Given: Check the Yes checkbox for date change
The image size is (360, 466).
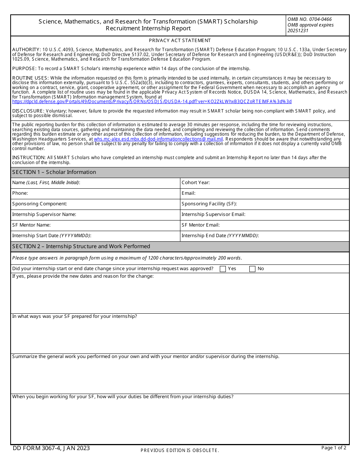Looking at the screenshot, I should (x=223, y=269).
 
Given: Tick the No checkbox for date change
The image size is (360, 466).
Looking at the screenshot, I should (x=252, y=269).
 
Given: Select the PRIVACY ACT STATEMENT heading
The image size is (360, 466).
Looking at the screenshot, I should (x=180, y=41).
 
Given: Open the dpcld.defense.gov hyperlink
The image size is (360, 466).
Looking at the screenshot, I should (x=152, y=102).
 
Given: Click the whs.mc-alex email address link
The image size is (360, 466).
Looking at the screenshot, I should (x=158, y=139).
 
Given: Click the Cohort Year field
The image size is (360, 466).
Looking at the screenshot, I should (x=279, y=183).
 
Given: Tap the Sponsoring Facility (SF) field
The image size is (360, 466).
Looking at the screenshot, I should (x=292, y=204).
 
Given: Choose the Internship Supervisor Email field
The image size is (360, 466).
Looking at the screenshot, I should (x=296, y=214).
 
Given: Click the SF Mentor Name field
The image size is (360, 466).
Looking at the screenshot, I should (x=114, y=225).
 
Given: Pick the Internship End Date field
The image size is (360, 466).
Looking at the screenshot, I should (x=303, y=236).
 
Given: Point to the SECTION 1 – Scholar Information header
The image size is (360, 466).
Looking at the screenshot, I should (x=54, y=172).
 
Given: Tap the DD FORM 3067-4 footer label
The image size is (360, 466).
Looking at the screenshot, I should (x=51, y=448).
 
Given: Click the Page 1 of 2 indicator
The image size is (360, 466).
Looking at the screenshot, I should (x=333, y=448).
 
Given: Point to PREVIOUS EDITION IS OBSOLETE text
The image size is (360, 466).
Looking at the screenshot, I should (x=180, y=450).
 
